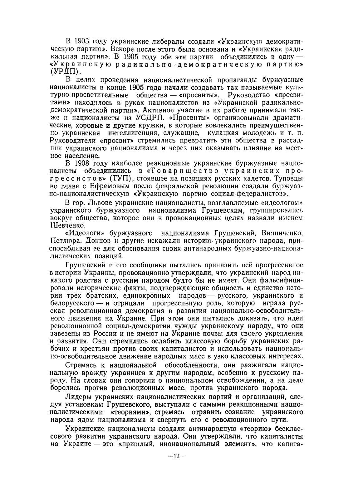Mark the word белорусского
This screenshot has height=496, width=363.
pyautogui.click(x=73, y=303)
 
